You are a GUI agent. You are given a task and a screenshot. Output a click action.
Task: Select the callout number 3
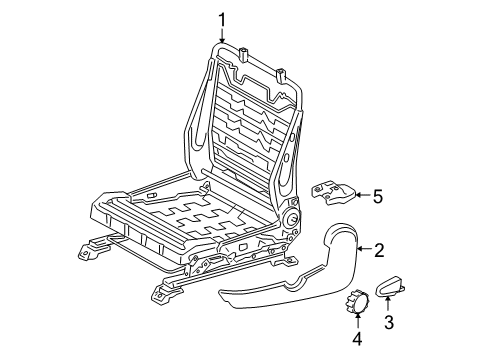(x=390, y=323)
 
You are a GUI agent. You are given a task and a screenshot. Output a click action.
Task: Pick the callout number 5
(x=377, y=196)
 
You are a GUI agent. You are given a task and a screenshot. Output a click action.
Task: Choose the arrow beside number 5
(x=360, y=196)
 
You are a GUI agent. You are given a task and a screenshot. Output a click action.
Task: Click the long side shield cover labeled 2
(x=290, y=290)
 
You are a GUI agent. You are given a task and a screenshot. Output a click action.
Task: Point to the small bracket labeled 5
(x=332, y=193)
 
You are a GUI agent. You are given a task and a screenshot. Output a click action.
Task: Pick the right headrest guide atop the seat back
(x=283, y=73)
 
